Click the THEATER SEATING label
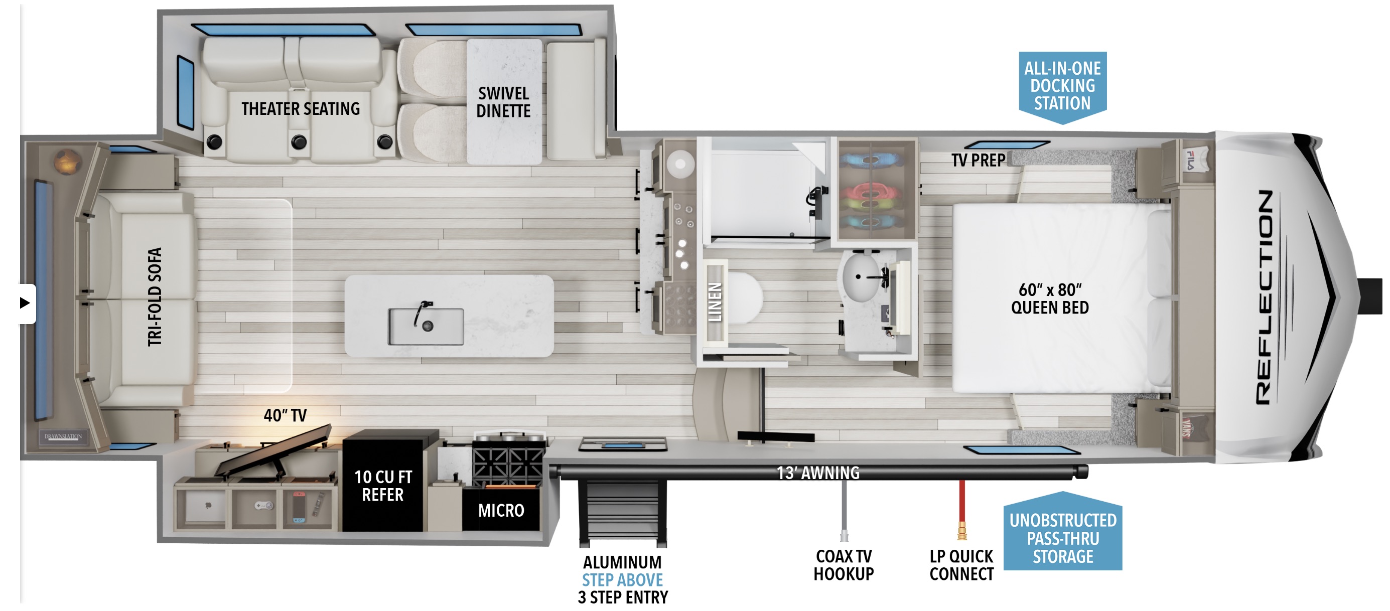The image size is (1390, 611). pyautogui.click(x=300, y=109)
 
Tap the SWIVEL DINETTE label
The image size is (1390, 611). pyautogui.click(x=503, y=102)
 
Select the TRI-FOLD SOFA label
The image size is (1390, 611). pyautogui.click(x=155, y=296)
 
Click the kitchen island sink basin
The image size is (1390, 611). pyautogui.click(x=426, y=326)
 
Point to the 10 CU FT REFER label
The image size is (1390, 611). pyautogui.click(x=382, y=486)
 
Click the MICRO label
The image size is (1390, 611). pyautogui.click(x=501, y=510)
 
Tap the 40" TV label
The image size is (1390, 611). pyautogui.click(x=285, y=415)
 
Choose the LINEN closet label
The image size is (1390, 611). pyautogui.click(x=715, y=302)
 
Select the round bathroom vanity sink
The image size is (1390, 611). pyautogui.click(x=861, y=278)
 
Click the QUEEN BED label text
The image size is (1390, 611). pyautogui.click(x=1049, y=299)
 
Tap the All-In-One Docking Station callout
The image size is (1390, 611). pyautogui.click(x=1062, y=86)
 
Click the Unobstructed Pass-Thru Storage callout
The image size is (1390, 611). pyautogui.click(x=1062, y=538)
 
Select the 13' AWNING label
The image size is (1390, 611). pyautogui.click(x=818, y=473)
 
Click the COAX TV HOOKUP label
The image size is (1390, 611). pyautogui.click(x=844, y=565)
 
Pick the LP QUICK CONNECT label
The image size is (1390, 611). pyautogui.click(x=961, y=565)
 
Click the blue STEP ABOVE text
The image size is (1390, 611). pyautogui.click(x=622, y=580)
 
